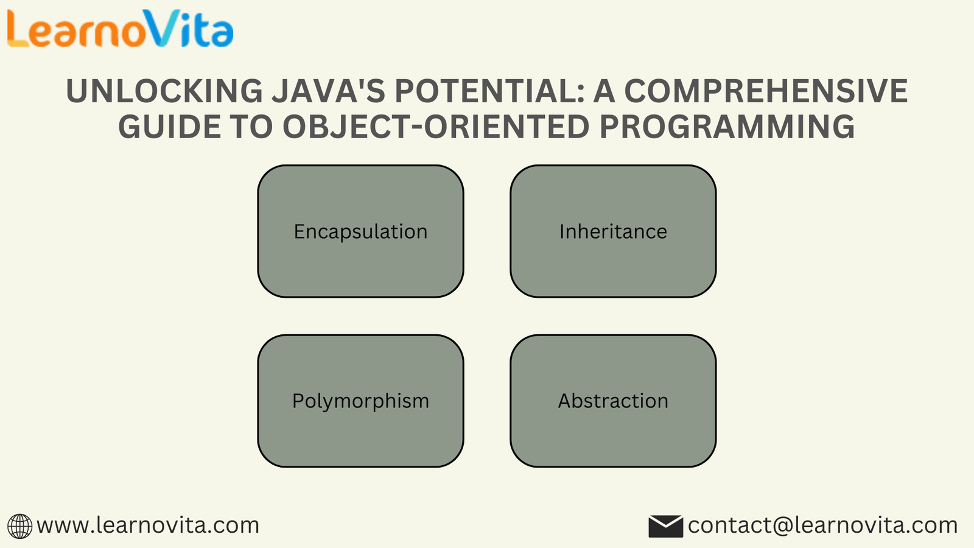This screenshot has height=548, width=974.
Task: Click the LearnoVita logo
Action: point(120,28)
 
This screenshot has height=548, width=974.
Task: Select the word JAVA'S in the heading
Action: point(329,91)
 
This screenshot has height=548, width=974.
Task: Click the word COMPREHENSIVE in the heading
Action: point(766,91)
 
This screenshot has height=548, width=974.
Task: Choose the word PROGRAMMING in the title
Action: point(727,127)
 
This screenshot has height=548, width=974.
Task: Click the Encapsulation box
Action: point(360,231)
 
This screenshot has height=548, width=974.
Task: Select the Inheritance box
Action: point(613,231)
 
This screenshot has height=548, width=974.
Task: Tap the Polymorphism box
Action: point(360,401)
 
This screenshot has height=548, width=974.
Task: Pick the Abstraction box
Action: point(613,401)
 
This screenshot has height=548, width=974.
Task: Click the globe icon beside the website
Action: point(19,526)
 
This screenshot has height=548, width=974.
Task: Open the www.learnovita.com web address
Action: point(148,525)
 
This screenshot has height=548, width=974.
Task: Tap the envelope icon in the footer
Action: point(666,526)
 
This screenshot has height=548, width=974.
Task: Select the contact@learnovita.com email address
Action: point(822,525)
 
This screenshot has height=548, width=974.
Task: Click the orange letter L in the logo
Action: point(18,28)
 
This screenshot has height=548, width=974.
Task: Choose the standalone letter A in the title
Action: point(605,91)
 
